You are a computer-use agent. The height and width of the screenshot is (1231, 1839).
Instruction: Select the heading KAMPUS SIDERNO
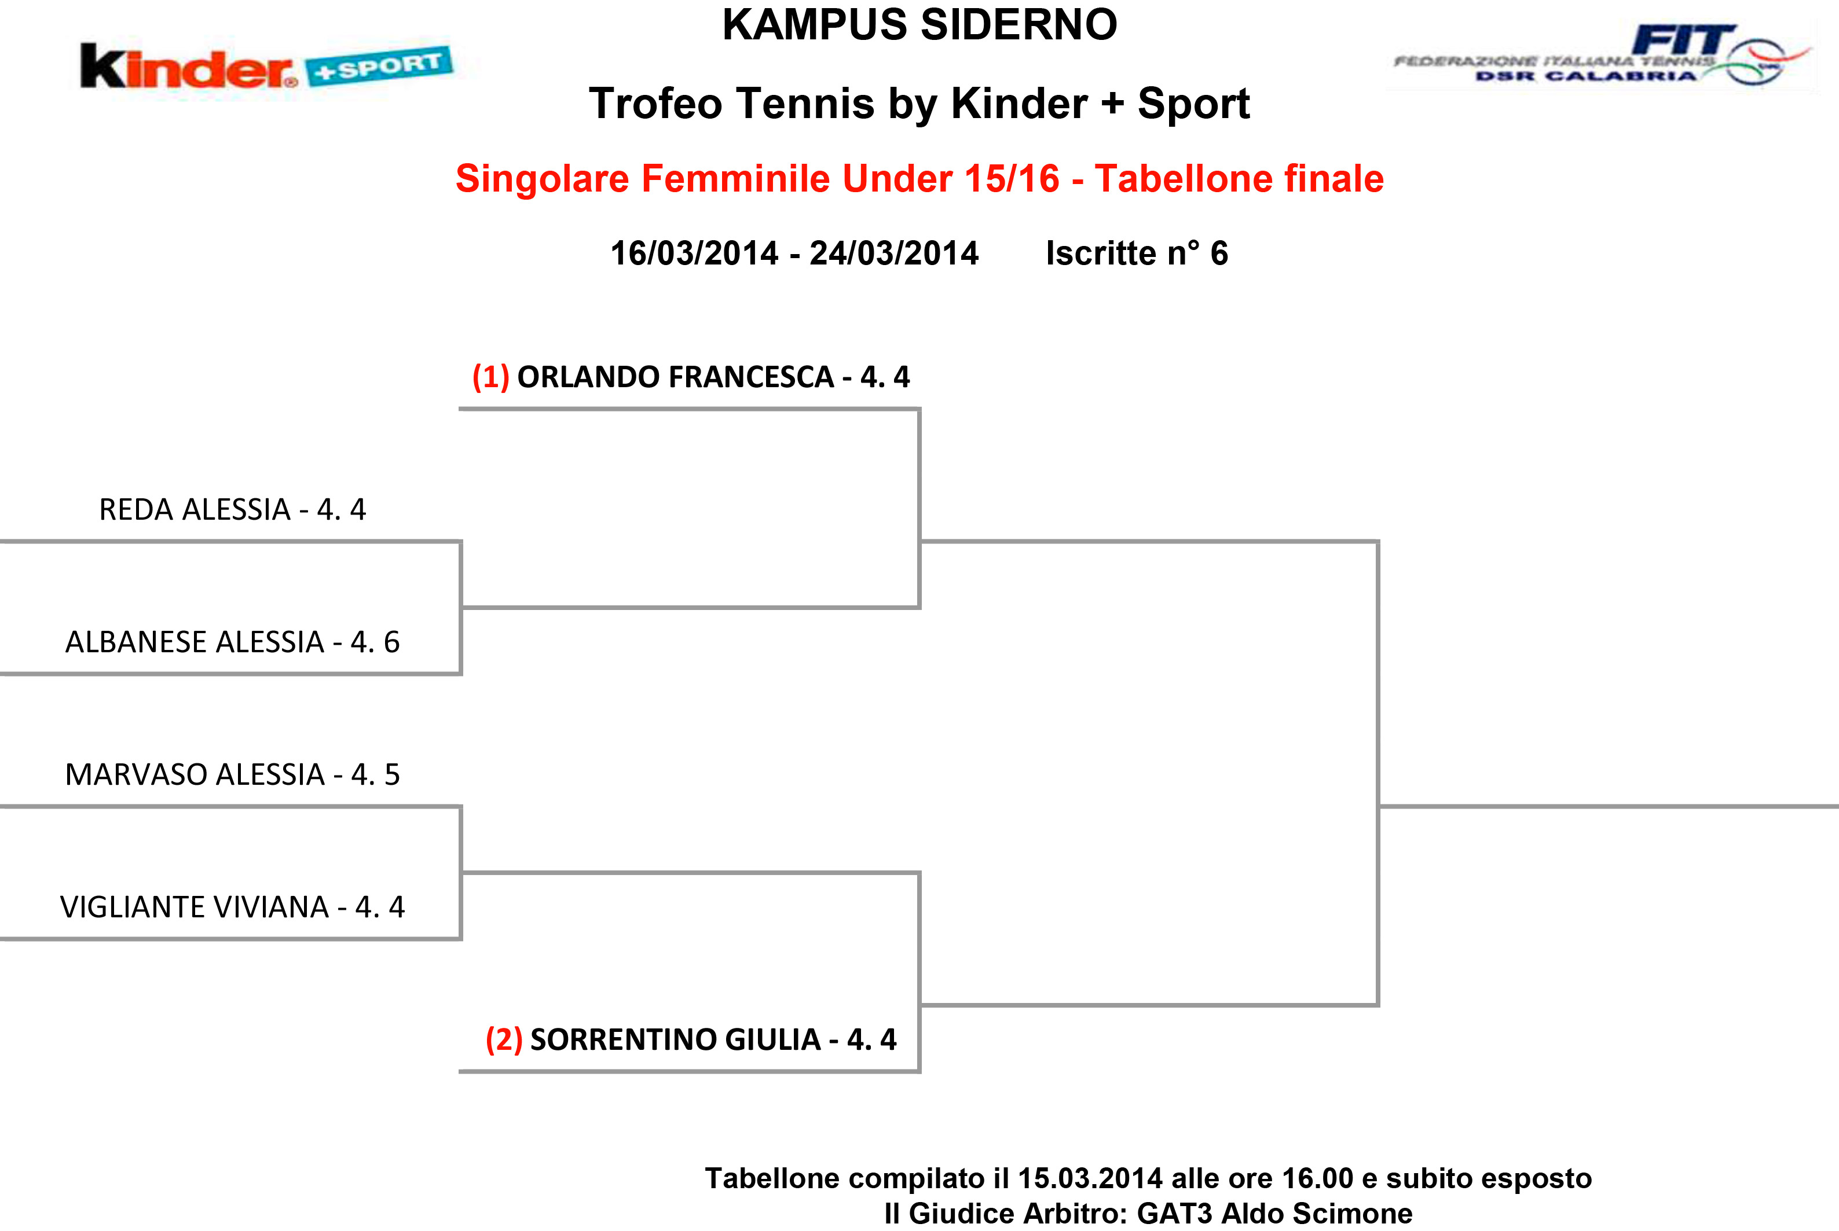pyautogui.click(x=919, y=24)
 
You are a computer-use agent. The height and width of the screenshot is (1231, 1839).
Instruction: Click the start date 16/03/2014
pyautogui.click(x=694, y=253)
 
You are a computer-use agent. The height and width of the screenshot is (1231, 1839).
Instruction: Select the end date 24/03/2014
pyautogui.click(x=893, y=253)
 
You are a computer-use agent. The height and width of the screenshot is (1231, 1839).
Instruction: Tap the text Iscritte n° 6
pyautogui.click(x=1137, y=253)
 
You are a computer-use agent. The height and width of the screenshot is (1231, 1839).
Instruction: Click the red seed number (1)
pyautogui.click(x=491, y=377)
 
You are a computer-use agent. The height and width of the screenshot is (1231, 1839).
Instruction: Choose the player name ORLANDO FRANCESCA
pyautogui.click(x=675, y=377)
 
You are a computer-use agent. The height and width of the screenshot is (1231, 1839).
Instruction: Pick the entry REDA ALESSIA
pyautogui.click(x=195, y=509)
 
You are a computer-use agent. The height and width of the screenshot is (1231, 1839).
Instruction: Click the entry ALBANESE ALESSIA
pyautogui.click(x=195, y=642)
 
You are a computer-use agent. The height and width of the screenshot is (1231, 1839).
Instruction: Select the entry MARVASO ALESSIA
pyautogui.click(x=195, y=775)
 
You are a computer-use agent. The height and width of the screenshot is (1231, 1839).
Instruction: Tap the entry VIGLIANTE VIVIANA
pyautogui.click(x=195, y=907)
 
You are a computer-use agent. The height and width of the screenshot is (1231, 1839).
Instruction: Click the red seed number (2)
pyautogui.click(x=504, y=1039)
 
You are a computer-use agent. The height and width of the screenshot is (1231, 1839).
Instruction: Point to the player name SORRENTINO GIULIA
pyautogui.click(x=675, y=1039)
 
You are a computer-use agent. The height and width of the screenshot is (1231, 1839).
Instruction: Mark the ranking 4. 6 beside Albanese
pyautogui.click(x=375, y=642)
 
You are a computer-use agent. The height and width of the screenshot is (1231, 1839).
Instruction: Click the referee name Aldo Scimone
pyautogui.click(x=1317, y=1214)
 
